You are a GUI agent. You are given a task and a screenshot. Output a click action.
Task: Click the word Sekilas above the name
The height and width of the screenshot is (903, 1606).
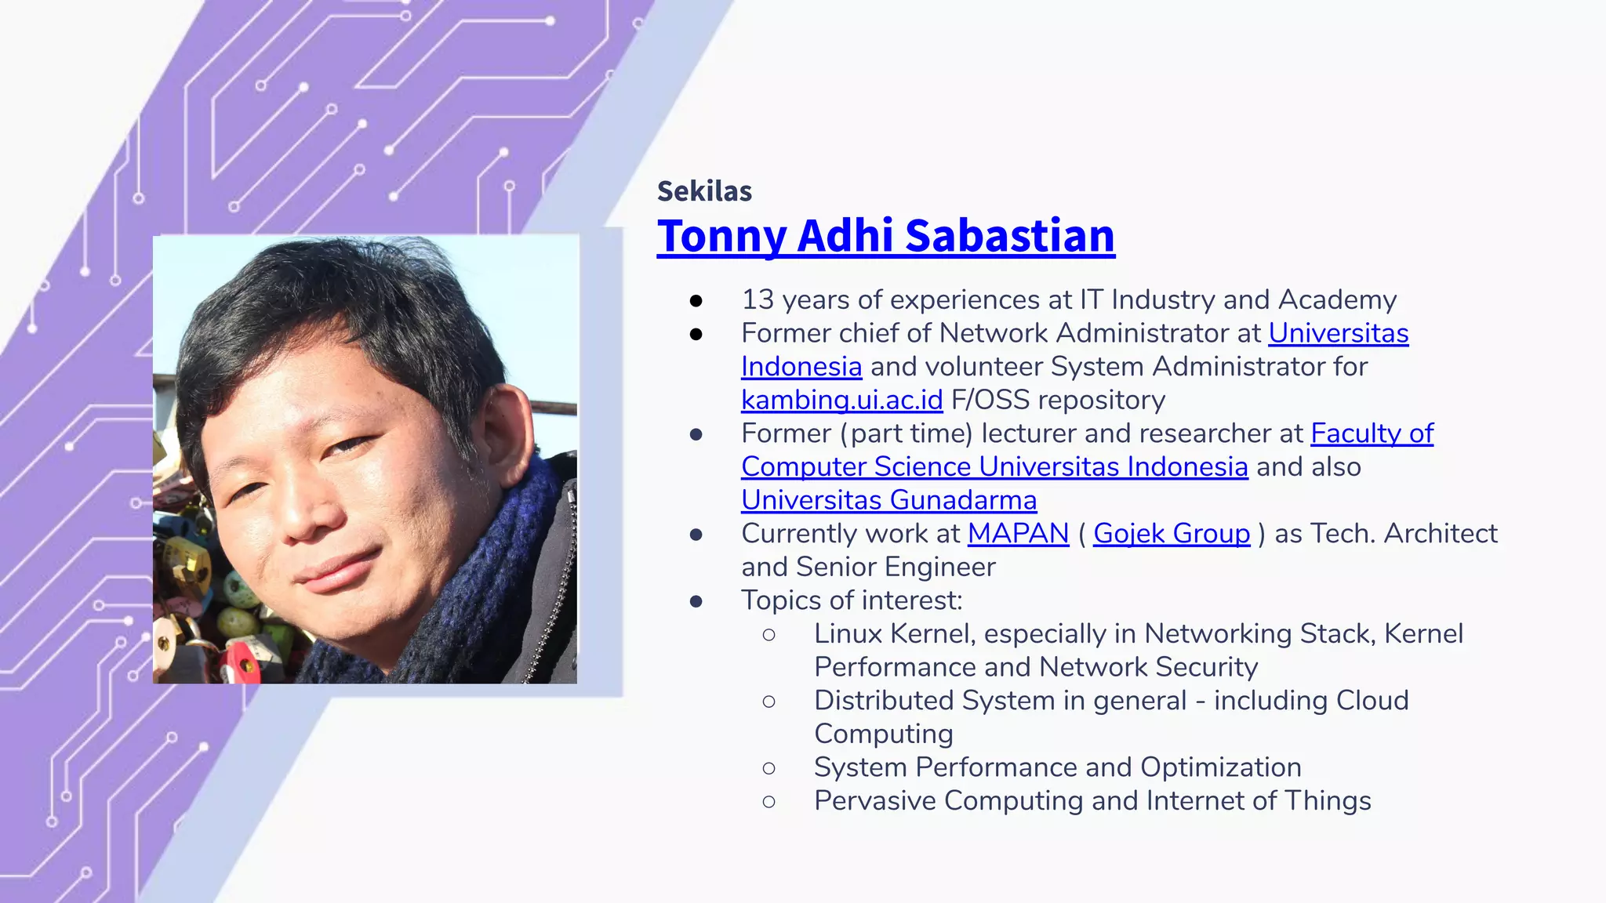704,191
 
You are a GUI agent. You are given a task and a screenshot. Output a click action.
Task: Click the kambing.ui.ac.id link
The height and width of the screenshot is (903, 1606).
841,400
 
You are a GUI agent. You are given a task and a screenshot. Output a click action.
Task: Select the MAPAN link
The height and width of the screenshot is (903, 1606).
1018,533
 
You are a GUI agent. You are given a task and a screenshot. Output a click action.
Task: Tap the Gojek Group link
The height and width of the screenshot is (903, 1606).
1171,533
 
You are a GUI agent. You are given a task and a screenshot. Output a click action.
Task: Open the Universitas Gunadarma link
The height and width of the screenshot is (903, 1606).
888,500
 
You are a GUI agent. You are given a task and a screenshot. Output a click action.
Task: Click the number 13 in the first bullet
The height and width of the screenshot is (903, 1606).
758,299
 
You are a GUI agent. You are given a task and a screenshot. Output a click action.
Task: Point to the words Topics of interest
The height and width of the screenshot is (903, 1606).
851,600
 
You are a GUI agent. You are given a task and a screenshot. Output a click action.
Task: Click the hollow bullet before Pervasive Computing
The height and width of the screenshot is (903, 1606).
768,801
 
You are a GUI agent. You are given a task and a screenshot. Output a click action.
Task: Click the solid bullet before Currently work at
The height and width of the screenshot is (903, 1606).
696,535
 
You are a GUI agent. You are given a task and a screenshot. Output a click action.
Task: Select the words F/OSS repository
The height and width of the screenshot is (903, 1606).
1057,400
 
